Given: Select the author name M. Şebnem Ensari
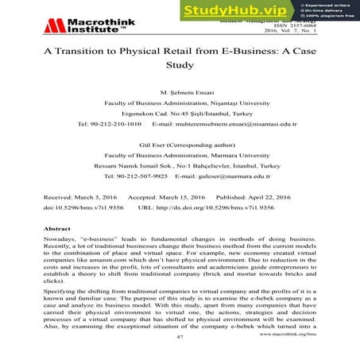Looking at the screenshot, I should (x=179, y=92).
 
